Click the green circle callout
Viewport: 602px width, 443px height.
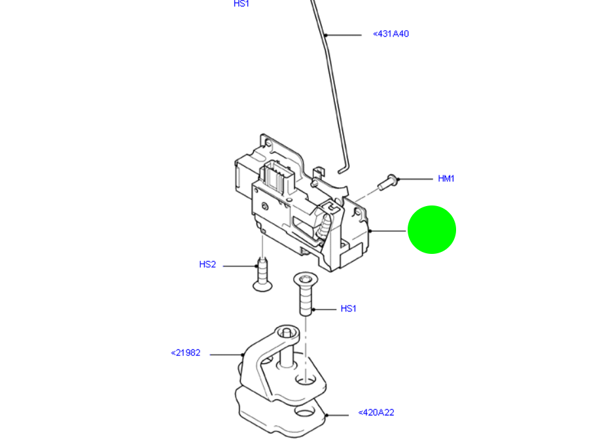(x=431, y=230)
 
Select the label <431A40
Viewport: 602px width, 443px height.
(x=391, y=33)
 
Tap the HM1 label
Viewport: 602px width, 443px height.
(x=446, y=179)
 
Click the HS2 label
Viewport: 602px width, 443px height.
(x=207, y=265)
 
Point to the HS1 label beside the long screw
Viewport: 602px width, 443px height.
(x=348, y=309)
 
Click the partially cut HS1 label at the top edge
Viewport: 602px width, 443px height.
(x=241, y=4)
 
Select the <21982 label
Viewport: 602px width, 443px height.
(x=185, y=353)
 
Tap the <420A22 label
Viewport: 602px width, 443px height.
(x=376, y=413)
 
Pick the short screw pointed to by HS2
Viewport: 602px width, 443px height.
(x=262, y=274)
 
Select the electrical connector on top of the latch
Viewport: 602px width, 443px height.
(x=275, y=177)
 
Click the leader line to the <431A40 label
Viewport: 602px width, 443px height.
(x=344, y=35)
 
